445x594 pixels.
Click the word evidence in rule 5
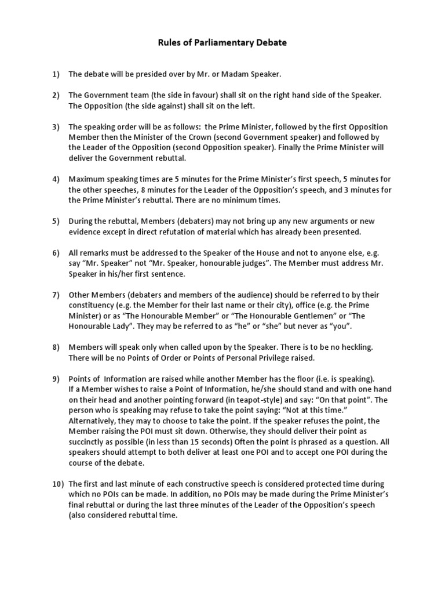[x=86, y=231]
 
